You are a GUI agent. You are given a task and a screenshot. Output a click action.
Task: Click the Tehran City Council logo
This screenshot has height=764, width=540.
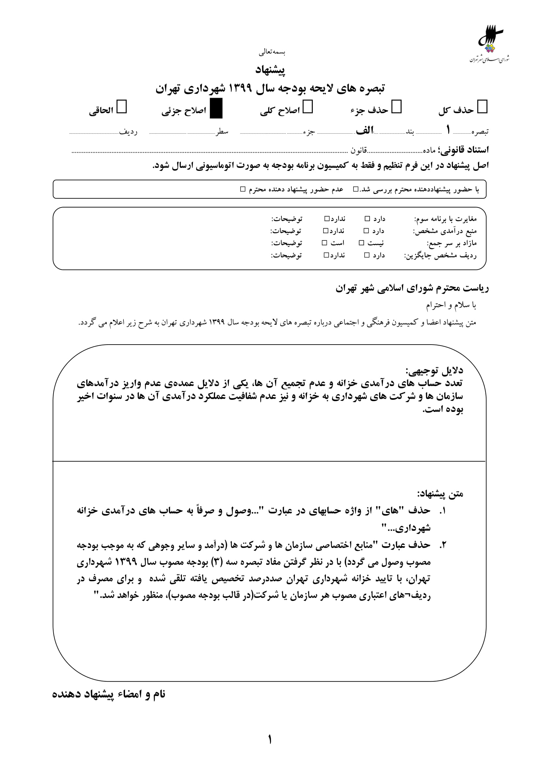pyautogui.click(x=489, y=43)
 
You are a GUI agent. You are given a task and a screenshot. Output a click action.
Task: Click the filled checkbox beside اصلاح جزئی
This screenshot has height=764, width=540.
pyautogui.click(x=216, y=108)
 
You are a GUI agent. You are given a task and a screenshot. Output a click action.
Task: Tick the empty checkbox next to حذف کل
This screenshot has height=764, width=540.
pyautogui.click(x=482, y=107)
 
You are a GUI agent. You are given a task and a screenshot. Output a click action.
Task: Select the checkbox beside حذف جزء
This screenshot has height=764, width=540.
pyautogui.click(x=396, y=107)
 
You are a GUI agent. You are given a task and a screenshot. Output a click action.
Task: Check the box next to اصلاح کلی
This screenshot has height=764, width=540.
pyautogui.click(x=308, y=107)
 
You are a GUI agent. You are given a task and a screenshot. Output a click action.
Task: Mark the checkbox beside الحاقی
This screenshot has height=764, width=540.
pyautogui.click(x=122, y=107)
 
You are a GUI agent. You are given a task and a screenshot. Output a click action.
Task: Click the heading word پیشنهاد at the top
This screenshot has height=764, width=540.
pyautogui.click(x=270, y=70)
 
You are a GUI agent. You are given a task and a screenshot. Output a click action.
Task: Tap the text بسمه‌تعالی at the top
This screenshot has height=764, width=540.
pyautogui.click(x=272, y=52)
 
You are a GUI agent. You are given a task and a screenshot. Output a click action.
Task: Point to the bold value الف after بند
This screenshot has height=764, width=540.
pyautogui.click(x=365, y=130)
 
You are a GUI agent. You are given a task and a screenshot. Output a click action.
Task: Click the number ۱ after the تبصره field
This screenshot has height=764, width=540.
pyautogui.click(x=448, y=130)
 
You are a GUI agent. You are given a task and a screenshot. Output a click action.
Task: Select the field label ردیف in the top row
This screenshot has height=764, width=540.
pyautogui.click(x=128, y=132)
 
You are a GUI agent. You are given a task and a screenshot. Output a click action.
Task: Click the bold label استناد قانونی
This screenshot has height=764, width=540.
pyautogui.click(x=464, y=150)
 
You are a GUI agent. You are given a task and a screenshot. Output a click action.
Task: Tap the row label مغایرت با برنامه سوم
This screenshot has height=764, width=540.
pyautogui.click(x=445, y=219)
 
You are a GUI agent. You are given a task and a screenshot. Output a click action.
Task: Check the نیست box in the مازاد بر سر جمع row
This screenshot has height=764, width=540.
pyautogui.click(x=361, y=243)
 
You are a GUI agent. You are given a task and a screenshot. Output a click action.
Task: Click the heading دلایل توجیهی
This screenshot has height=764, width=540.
pyautogui.click(x=434, y=370)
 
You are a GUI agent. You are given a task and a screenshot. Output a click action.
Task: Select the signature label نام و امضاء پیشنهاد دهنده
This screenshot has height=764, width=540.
pyautogui.click(x=109, y=694)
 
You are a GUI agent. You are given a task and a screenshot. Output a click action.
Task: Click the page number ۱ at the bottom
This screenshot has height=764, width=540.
pyautogui.click(x=270, y=740)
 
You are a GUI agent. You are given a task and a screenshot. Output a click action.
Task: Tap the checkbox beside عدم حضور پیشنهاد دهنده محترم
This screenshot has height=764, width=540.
pyautogui.click(x=243, y=189)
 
